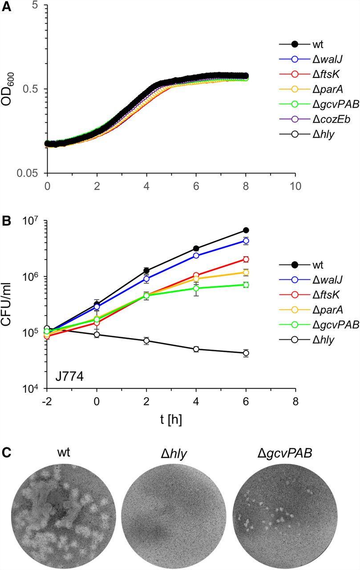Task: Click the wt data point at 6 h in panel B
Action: coord(246,230)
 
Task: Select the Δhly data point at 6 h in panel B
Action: coord(246,353)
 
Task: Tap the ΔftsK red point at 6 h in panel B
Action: coord(246,259)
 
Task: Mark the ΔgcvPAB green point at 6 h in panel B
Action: coord(246,285)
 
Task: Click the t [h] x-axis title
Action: coord(171,420)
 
